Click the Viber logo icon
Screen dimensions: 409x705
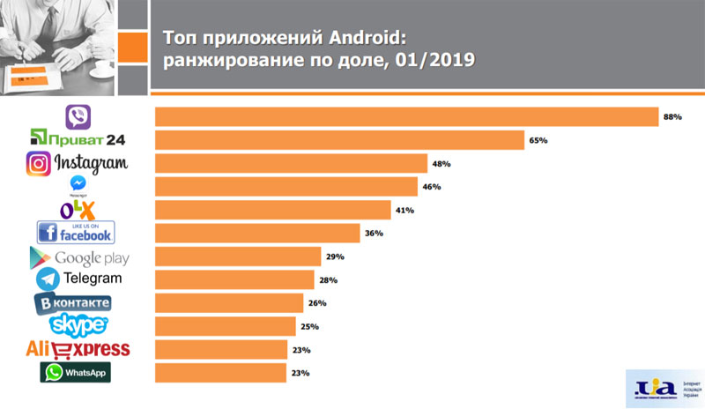78,116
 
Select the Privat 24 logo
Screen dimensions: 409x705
78,139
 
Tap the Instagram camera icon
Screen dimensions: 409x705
38,164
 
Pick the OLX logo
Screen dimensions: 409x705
77,209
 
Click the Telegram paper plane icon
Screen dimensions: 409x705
48,279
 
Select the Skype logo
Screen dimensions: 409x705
78,325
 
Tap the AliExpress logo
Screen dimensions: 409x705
78,349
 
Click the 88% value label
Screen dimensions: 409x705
673,116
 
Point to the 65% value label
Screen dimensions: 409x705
538,140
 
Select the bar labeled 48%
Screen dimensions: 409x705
291,163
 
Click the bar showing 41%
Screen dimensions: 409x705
272,210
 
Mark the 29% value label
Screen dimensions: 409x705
334,257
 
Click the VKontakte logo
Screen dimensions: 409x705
73,303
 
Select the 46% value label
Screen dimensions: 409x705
431,187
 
